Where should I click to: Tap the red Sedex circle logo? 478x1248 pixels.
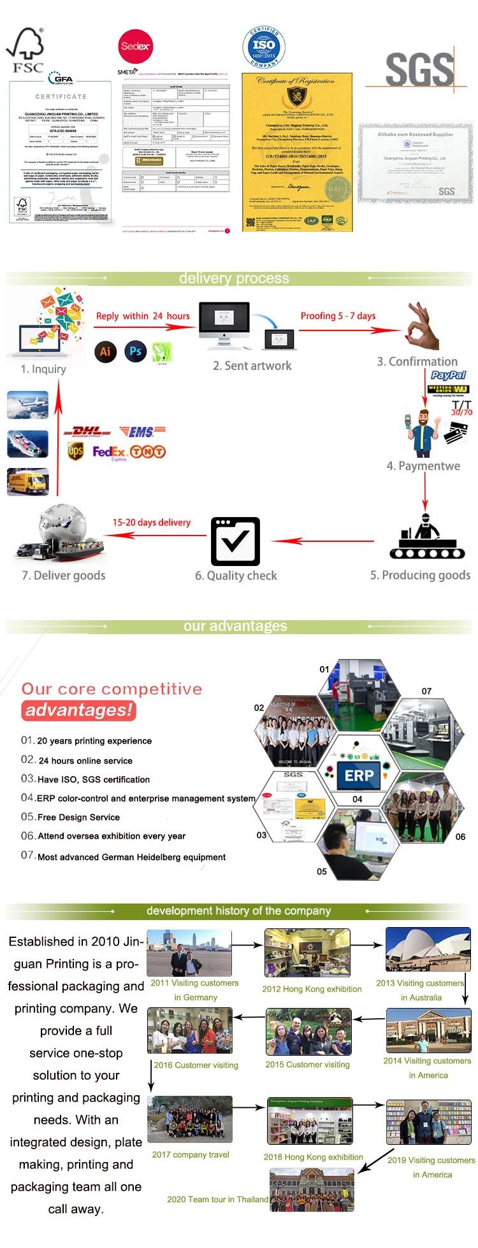135,46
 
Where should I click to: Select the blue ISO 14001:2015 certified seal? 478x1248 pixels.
264,46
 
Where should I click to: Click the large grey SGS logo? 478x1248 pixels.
419,69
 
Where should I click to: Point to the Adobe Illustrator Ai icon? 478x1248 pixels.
105,351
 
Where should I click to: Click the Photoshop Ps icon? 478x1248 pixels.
135,351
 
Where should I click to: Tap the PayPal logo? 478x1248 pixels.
448,375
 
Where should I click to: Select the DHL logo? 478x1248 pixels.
87,432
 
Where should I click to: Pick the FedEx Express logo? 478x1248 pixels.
109,453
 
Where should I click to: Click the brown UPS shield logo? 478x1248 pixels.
75,451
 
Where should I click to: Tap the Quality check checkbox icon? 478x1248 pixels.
235,541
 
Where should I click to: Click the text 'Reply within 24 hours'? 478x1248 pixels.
143,316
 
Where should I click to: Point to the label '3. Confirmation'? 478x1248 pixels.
417,362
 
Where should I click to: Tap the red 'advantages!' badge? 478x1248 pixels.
79,710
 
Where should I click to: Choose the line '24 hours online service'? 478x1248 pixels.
85,761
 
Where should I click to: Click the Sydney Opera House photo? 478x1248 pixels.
428,949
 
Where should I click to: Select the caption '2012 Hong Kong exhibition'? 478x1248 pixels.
312,989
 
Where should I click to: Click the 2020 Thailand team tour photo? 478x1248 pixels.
312,1189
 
